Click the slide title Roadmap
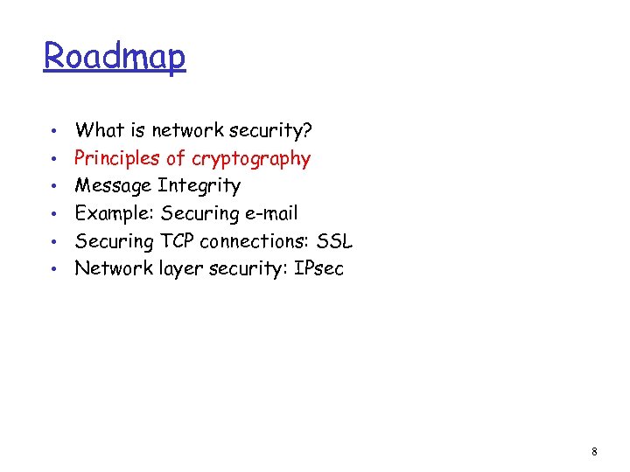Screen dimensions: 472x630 click(115, 57)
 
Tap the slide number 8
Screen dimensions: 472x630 click(595, 452)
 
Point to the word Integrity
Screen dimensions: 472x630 click(199, 186)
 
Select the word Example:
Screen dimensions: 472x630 click(115, 213)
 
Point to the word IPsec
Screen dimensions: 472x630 click(318, 268)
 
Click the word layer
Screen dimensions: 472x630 click(178, 269)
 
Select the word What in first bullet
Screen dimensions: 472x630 click(99, 131)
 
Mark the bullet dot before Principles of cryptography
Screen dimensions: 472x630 click(55, 159)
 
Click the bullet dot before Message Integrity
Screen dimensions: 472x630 click(55, 186)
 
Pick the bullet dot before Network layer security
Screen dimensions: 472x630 click(55, 268)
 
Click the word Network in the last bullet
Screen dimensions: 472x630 click(112, 268)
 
